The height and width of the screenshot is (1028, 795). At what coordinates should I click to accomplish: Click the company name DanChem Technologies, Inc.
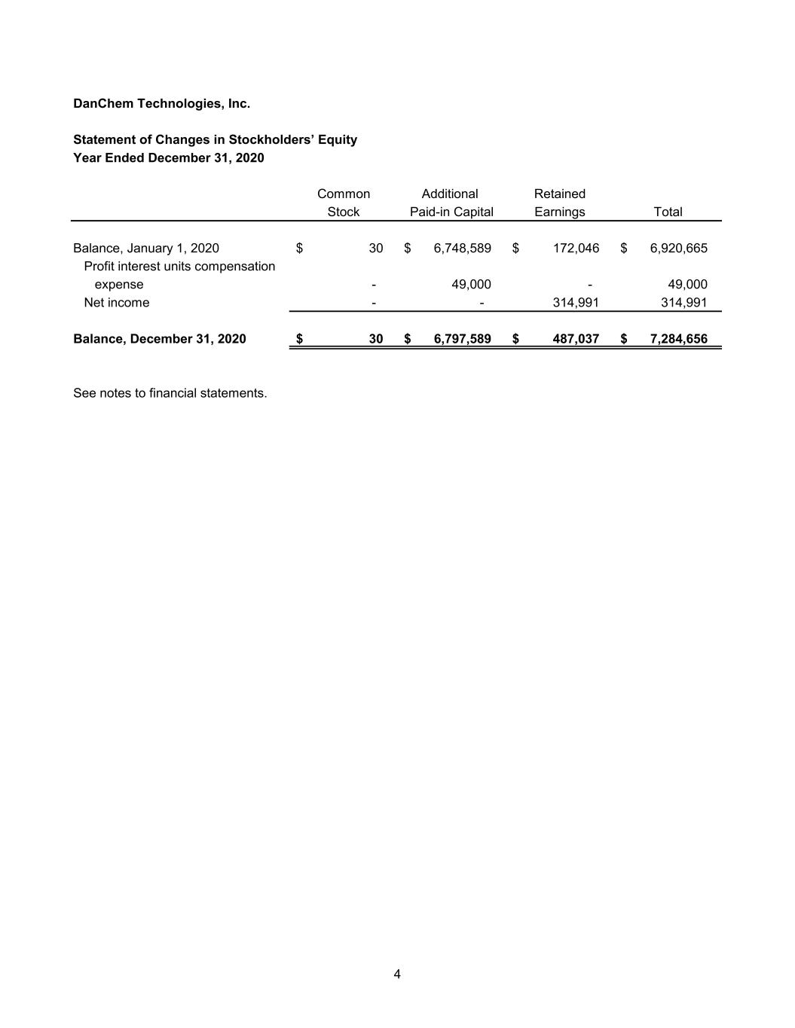click(161, 103)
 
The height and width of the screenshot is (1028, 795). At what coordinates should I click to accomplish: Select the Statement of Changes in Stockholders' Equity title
click(215, 139)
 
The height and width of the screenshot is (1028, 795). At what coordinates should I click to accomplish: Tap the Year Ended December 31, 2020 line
click(168, 157)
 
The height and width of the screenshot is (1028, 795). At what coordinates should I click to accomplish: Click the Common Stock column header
click(343, 203)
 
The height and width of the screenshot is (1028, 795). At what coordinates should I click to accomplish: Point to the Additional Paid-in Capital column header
click(451, 203)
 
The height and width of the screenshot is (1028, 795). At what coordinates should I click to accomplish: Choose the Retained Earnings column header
click(559, 203)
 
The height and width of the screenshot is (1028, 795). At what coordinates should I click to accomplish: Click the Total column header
click(668, 212)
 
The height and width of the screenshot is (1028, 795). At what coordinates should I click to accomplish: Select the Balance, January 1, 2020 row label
click(146, 248)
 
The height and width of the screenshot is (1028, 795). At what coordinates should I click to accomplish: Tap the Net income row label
click(117, 302)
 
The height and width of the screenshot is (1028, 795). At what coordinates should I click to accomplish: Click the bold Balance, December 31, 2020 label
click(160, 338)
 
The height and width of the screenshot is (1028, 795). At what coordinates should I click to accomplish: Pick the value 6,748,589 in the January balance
click(462, 248)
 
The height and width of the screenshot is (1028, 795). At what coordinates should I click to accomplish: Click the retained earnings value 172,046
click(576, 248)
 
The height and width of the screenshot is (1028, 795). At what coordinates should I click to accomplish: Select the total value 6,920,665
click(678, 248)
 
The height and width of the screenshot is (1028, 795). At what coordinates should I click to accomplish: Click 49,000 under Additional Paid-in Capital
click(471, 284)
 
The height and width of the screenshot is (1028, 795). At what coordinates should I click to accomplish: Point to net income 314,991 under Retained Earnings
click(576, 302)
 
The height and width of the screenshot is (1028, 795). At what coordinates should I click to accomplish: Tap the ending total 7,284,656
click(678, 338)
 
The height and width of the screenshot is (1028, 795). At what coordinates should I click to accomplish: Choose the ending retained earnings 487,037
click(576, 338)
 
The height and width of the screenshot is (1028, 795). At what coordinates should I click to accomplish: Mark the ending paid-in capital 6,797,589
click(462, 338)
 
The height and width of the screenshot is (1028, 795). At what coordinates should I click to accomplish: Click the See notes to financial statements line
click(170, 392)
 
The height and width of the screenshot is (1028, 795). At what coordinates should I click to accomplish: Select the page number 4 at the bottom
click(397, 975)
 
